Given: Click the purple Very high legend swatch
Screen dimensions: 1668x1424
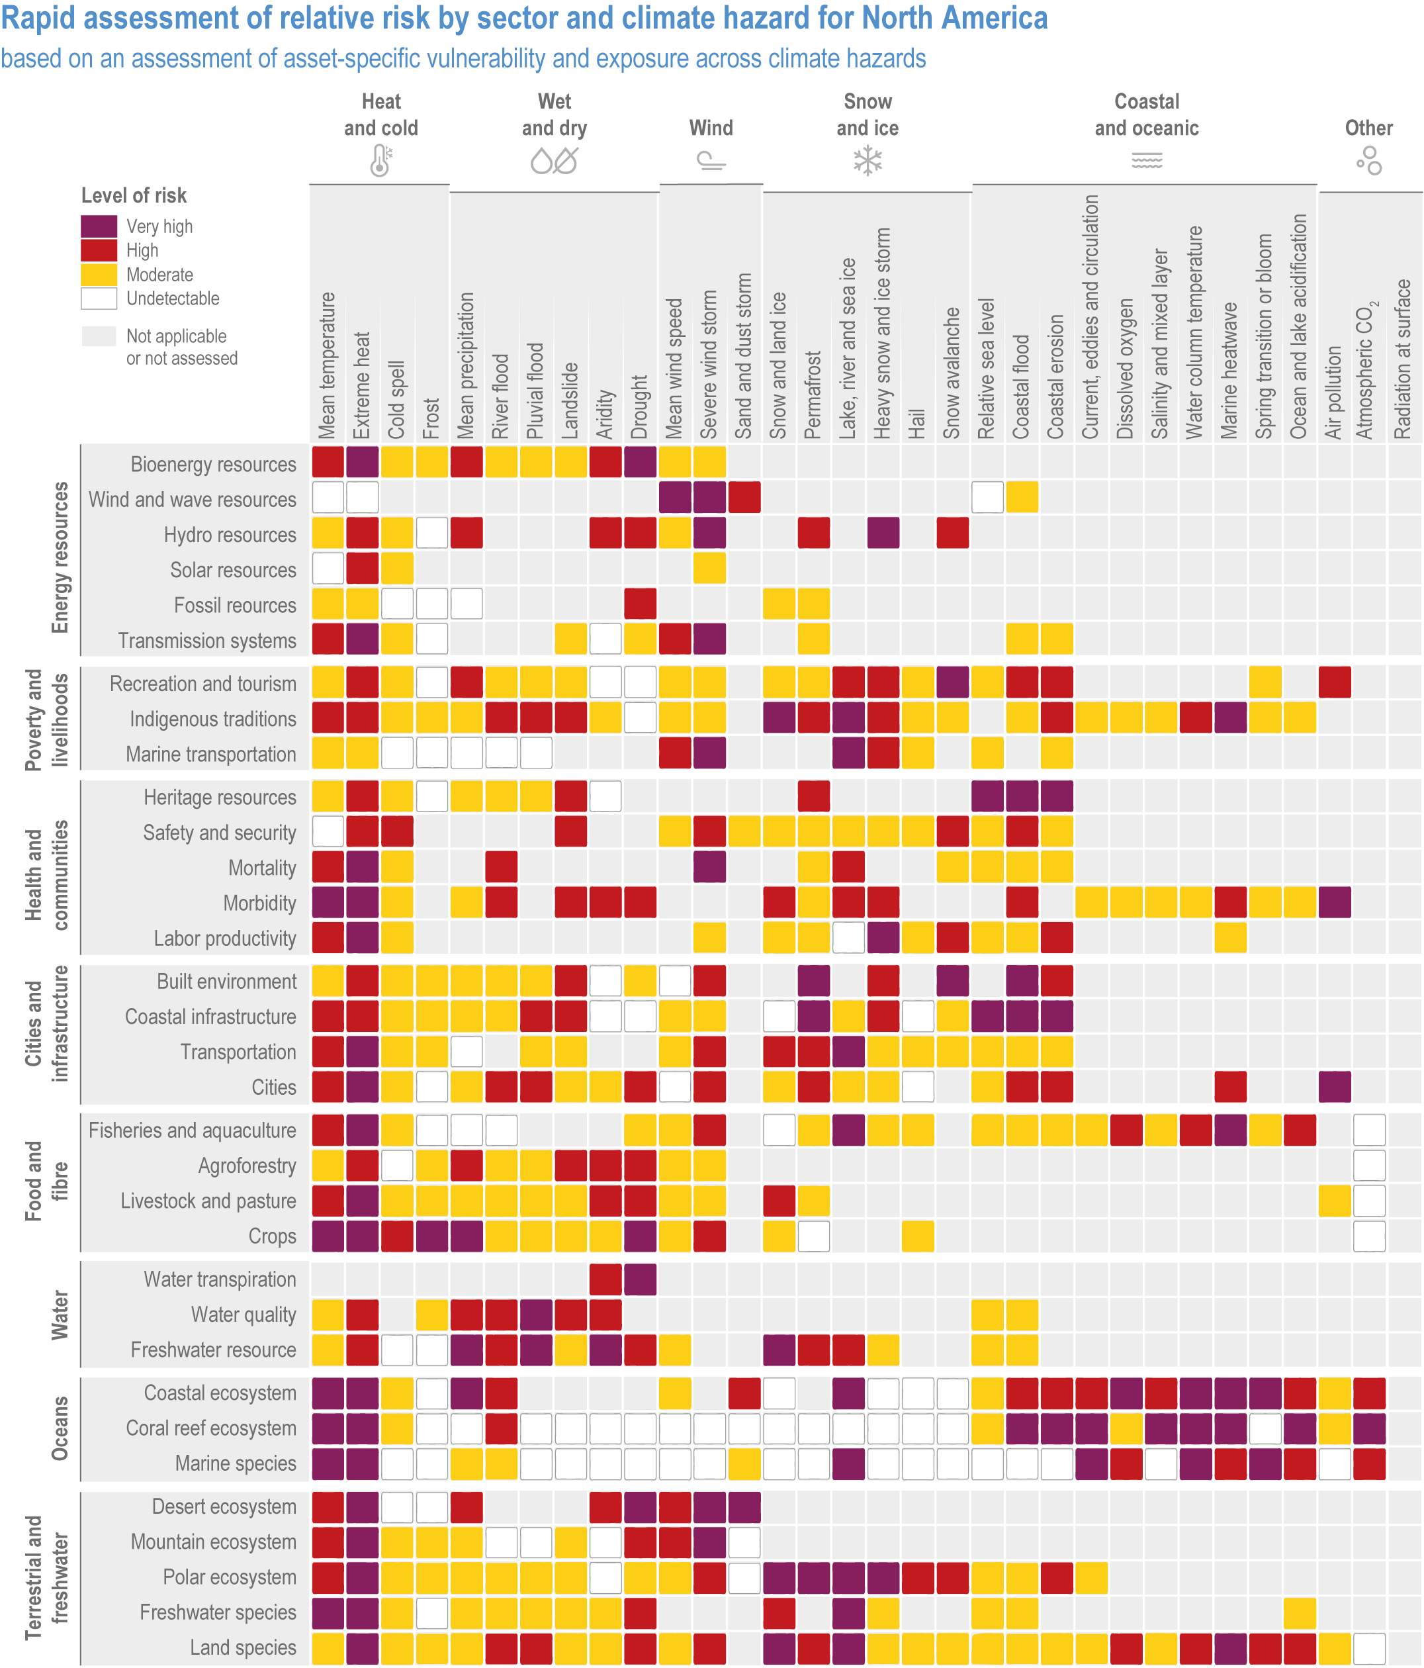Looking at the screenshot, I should pyautogui.click(x=99, y=226).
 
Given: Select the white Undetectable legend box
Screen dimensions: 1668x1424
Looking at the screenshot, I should pyautogui.click(x=99, y=299).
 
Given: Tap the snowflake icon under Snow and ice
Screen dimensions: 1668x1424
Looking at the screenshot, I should pyautogui.click(x=867, y=161).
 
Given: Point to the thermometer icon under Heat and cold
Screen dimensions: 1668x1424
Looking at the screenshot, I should pyautogui.click(x=380, y=160).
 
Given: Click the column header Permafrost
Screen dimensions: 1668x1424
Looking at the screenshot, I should pyautogui.click(x=813, y=394).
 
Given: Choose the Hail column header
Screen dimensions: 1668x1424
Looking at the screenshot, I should pyautogui.click(x=917, y=423).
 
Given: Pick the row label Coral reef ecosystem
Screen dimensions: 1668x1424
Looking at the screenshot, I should pyautogui.click(x=211, y=1428).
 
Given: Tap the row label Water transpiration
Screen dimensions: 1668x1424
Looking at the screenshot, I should pyautogui.click(x=220, y=1279).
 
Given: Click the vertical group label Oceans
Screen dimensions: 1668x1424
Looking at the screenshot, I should pyautogui.click(x=60, y=1428).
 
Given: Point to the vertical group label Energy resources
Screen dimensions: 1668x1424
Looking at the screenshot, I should pyautogui.click(x=60, y=557).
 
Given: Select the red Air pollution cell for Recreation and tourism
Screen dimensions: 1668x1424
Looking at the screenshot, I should pyautogui.click(x=1334, y=682).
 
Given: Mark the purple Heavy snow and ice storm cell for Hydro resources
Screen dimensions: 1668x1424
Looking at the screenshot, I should pyautogui.click(x=883, y=533).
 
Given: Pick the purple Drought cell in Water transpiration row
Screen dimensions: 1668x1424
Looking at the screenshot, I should pyautogui.click(x=640, y=1279).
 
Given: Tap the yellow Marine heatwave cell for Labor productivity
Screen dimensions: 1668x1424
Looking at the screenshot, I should pyautogui.click(x=1230, y=938).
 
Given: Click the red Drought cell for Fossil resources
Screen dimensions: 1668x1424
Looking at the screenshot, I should pyautogui.click(x=640, y=604).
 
